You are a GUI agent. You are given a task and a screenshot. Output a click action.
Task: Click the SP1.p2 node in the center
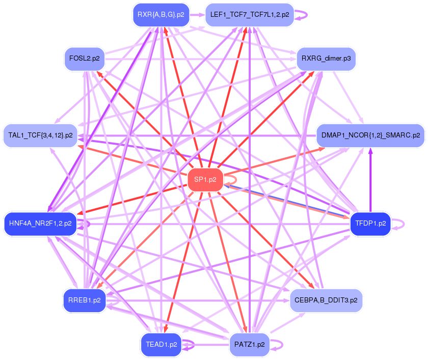pos(205,180)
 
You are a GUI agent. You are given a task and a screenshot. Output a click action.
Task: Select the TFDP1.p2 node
pos(370,223)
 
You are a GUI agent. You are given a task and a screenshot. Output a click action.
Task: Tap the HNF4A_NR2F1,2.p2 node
pos(40,223)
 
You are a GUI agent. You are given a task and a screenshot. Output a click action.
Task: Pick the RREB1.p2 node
pos(84,300)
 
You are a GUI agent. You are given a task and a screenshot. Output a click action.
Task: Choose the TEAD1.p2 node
pos(161,344)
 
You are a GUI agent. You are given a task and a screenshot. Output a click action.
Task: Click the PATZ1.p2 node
pos(249,344)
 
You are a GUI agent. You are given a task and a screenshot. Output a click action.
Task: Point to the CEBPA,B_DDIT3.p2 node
pos(326,300)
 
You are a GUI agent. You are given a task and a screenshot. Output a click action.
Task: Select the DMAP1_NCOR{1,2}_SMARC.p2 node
pos(370,135)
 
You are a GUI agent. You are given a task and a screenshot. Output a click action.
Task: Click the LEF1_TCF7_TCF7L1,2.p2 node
pos(249,15)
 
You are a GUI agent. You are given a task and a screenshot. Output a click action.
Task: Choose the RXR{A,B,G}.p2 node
pos(161,15)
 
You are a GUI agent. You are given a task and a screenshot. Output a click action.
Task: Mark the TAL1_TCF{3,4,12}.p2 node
pos(40,135)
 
